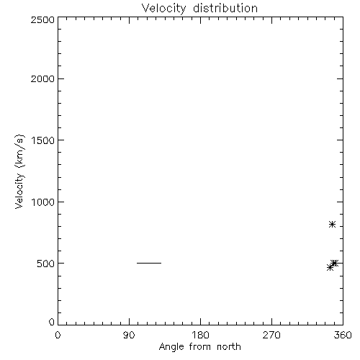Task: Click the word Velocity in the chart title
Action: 163,9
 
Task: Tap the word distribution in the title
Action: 225,8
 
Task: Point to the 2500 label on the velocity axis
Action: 42,19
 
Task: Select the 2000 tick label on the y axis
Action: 42,78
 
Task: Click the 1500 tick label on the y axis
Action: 43,140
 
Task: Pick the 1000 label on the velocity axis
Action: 43,202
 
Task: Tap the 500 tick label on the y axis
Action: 46,264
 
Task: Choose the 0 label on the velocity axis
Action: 52,322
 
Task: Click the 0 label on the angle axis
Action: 58,335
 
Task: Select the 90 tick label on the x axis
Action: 129,335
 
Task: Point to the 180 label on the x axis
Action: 200,335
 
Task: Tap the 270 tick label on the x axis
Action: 271,335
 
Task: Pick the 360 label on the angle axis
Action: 343,335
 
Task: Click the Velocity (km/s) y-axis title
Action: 19,171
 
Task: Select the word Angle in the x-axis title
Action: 171,347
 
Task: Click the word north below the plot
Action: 229,346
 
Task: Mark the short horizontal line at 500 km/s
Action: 149,263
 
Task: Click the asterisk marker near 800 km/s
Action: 332,225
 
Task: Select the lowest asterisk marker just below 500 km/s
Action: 330,267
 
